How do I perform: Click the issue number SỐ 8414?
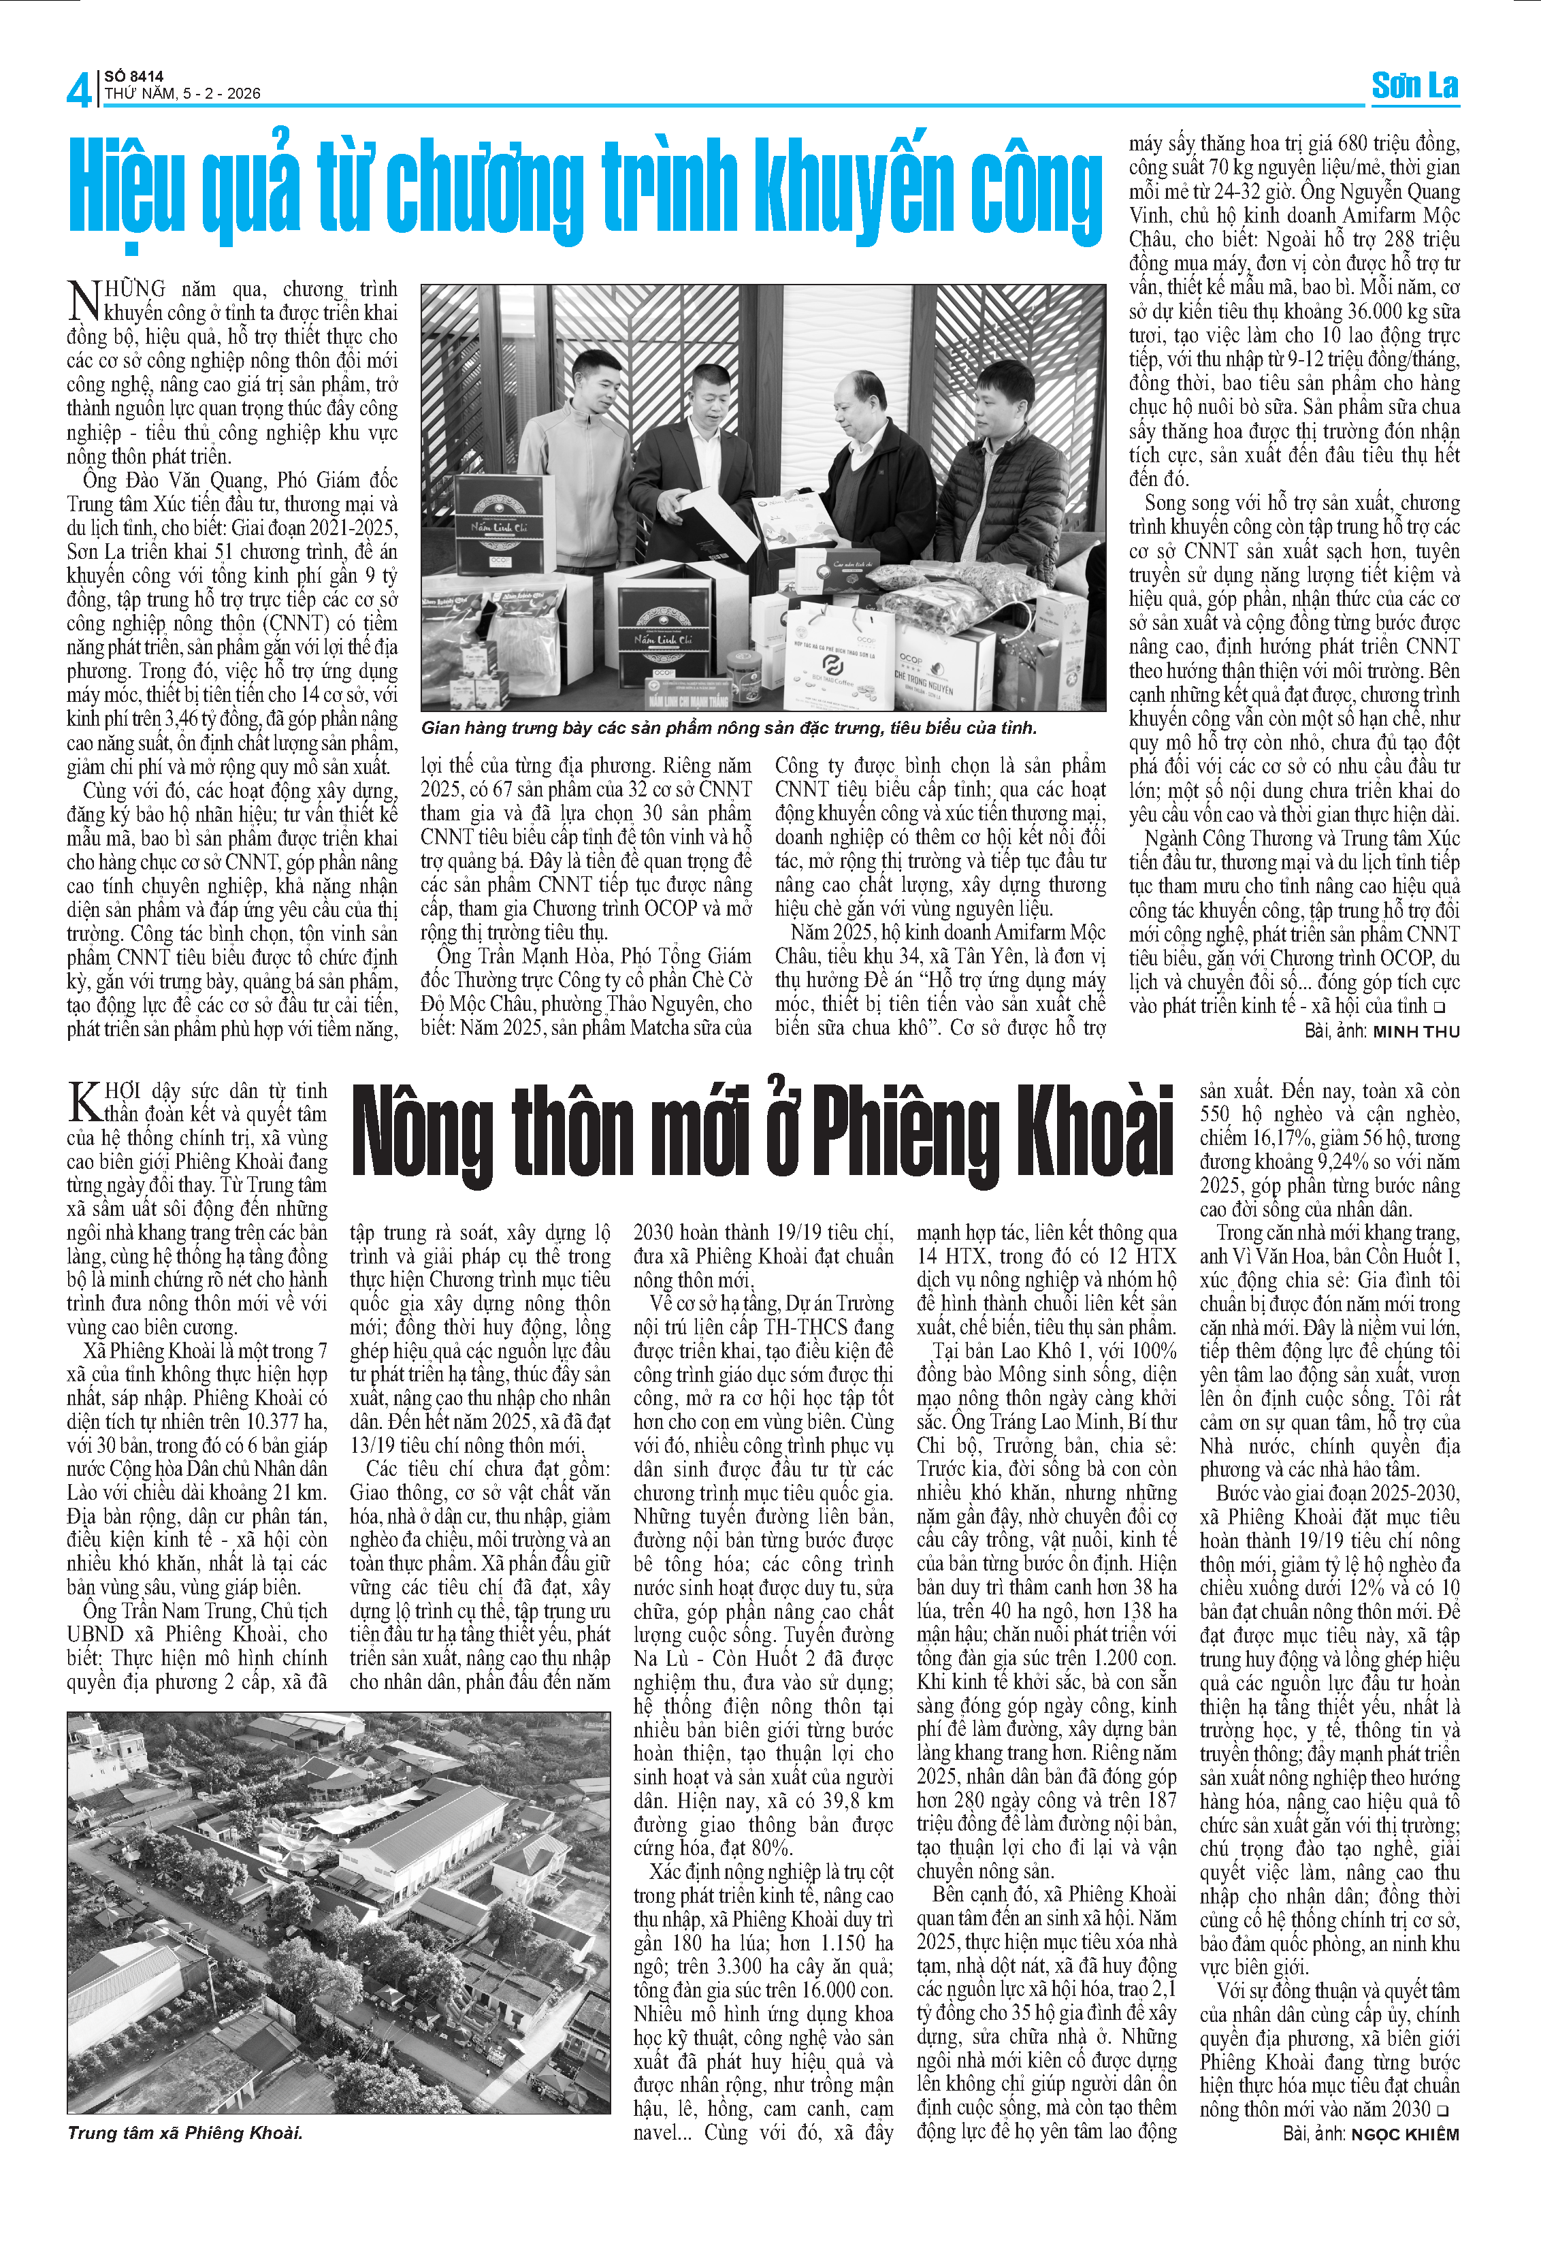[135, 76]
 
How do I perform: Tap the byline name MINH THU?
[1415, 1031]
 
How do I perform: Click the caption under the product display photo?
[728, 728]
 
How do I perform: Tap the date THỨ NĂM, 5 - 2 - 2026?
[182, 94]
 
